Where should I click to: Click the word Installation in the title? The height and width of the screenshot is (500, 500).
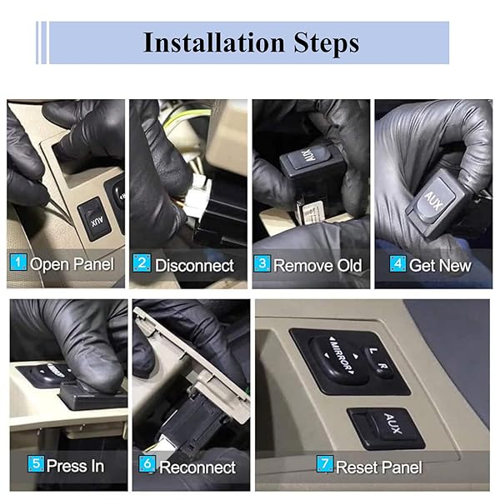pyautogui.click(x=214, y=42)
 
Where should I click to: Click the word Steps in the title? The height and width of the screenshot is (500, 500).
pyautogui.click(x=326, y=43)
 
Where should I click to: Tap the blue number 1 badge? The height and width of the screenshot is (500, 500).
pyautogui.click(x=18, y=262)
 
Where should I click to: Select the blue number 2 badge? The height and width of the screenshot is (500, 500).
pyautogui.click(x=142, y=263)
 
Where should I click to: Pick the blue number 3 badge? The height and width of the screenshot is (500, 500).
pyautogui.click(x=262, y=263)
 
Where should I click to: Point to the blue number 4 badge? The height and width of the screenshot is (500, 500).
pyautogui.click(x=398, y=263)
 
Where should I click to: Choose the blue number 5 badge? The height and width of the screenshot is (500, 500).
pyautogui.click(x=36, y=463)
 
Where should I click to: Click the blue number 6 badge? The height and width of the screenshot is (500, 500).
pyautogui.click(x=147, y=463)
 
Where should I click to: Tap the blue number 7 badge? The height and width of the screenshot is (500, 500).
pyautogui.click(x=325, y=463)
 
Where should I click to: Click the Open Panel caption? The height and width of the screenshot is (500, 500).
pyautogui.click(x=72, y=264)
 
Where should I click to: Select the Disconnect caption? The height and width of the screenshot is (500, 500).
pyautogui.click(x=194, y=266)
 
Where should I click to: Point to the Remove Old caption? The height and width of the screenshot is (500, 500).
pyautogui.click(x=317, y=265)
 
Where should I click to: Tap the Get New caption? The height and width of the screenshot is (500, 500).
pyautogui.click(x=440, y=265)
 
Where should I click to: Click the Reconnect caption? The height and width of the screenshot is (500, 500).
pyautogui.click(x=197, y=467)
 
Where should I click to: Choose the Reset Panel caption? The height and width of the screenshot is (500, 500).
pyautogui.click(x=379, y=467)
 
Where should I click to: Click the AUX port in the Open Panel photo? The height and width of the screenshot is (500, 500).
pyautogui.click(x=94, y=219)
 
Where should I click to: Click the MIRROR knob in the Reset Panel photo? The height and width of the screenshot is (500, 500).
pyautogui.click(x=339, y=357)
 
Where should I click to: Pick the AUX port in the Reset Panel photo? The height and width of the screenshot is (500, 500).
pyautogui.click(x=386, y=428)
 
